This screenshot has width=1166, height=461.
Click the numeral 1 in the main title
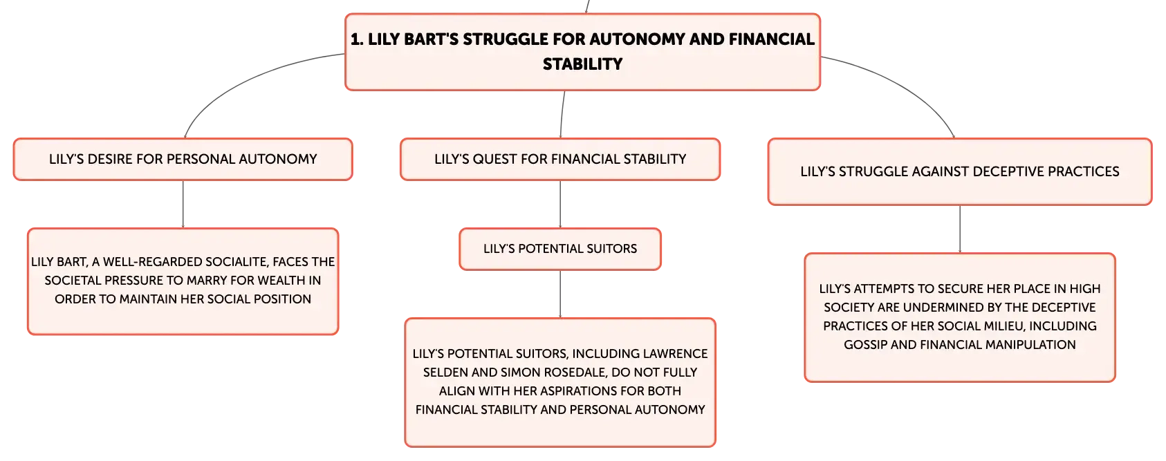click(x=355, y=39)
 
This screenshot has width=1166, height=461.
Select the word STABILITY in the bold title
click(x=582, y=64)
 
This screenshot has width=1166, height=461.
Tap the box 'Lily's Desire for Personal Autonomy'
click(x=183, y=159)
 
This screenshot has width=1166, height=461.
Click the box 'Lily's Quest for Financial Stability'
click(x=560, y=159)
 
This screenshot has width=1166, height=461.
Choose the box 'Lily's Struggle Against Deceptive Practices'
click(x=960, y=171)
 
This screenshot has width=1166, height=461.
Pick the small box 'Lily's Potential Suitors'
click(x=560, y=249)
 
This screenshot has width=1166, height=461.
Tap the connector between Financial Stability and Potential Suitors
click(x=560, y=204)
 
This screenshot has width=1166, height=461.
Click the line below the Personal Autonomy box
click(x=183, y=204)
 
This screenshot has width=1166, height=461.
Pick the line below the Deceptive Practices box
click(x=960, y=229)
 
